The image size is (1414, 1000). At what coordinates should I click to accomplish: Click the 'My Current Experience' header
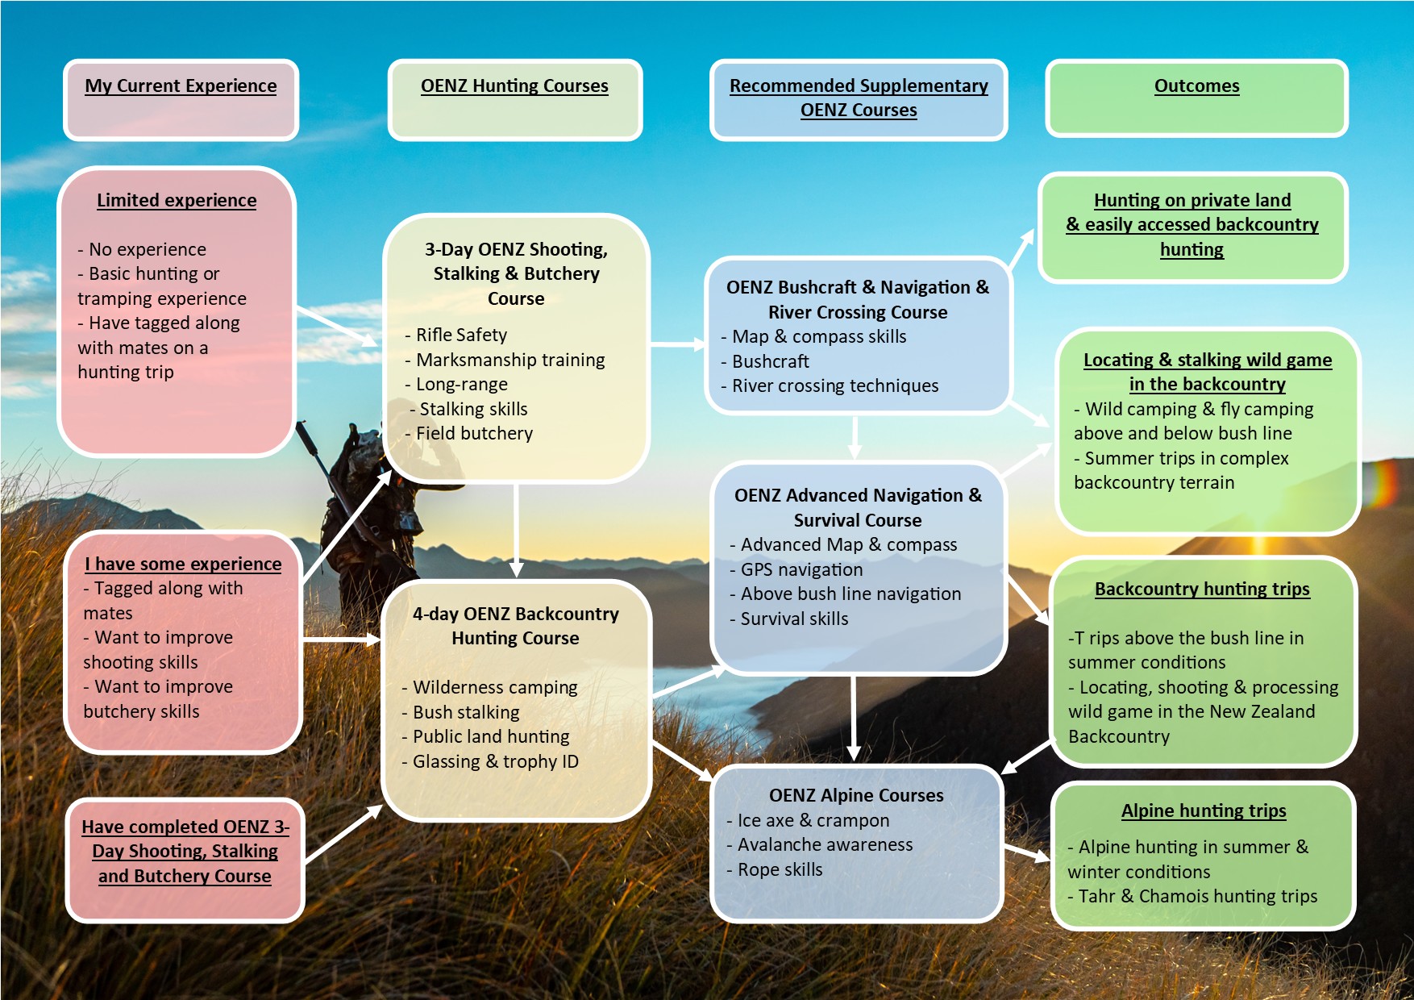181,85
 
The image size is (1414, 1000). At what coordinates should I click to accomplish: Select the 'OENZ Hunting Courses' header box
514,99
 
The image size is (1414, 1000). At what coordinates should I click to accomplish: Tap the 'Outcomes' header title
1196,85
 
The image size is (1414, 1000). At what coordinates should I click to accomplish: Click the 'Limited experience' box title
177,200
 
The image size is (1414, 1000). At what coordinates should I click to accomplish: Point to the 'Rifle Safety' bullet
461,335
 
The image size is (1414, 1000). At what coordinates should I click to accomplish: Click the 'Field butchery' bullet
474,433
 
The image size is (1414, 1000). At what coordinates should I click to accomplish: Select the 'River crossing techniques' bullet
834,385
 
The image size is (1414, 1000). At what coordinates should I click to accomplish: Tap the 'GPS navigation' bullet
801,569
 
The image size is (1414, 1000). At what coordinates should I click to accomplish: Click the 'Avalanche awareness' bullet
825,844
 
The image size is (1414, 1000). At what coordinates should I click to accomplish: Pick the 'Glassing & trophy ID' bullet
495,761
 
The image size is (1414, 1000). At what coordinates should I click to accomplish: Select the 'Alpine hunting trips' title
1204,810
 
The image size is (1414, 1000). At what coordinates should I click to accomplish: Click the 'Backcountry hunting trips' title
1202,589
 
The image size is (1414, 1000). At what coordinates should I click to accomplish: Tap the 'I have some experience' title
183,564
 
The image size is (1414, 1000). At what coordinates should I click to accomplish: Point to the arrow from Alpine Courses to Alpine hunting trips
1027,852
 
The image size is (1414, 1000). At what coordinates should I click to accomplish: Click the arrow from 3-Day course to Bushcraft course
677,344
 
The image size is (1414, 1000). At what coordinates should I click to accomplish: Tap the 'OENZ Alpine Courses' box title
856,795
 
